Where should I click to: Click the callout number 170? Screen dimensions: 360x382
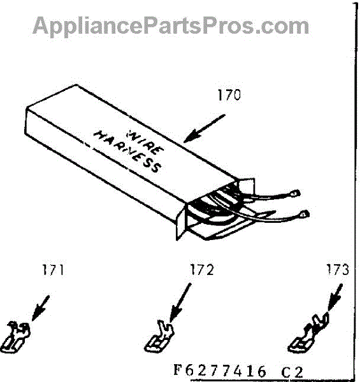pos(229,95)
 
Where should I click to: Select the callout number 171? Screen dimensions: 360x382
pos(53,270)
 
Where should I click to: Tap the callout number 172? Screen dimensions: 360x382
pos(202,270)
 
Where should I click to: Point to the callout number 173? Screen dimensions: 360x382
pos(338,270)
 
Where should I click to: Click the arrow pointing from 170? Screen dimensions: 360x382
pos(205,129)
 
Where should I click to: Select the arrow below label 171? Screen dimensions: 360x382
pos(41,308)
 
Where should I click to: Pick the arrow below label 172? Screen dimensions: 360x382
pos(180,302)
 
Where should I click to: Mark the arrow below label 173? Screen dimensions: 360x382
pos(335,298)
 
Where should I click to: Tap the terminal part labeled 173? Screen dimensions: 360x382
pos(309,333)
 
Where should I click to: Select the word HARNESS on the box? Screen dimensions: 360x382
pos(127,152)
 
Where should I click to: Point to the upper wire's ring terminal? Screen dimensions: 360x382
pos(296,194)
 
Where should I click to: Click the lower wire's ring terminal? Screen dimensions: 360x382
pos(305,214)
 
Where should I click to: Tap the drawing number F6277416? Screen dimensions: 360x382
pos(220,371)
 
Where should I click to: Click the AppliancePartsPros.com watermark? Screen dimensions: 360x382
pos(171,25)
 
